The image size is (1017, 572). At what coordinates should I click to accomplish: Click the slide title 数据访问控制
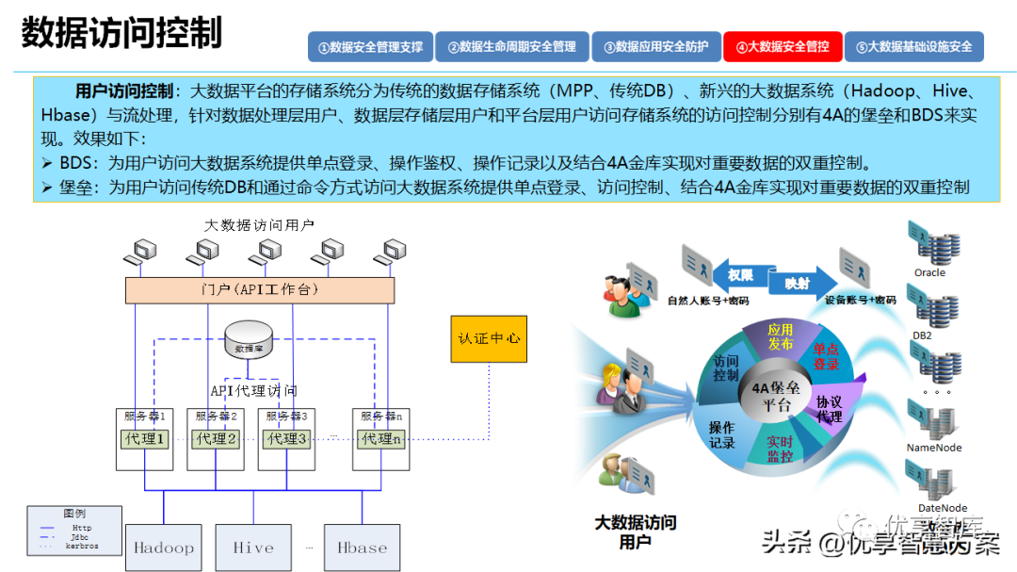(121, 32)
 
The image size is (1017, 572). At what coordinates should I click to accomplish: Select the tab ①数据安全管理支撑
(370, 46)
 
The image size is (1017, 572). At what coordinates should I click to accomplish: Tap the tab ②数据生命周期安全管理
(511, 46)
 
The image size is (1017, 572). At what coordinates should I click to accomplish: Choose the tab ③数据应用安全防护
(655, 46)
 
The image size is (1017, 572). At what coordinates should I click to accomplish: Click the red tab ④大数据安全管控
(783, 46)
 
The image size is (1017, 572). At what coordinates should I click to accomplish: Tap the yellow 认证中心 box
(489, 338)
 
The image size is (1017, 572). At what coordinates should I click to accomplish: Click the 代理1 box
(145, 439)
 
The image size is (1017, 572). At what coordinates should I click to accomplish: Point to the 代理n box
(382, 439)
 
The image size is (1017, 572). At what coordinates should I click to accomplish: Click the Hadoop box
(163, 547)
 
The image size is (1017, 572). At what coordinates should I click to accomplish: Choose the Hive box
(253, 547)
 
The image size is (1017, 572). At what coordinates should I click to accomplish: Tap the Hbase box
(362, 547)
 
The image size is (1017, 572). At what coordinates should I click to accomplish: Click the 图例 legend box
(73, 530)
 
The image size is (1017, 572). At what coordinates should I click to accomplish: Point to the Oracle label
(929, 273)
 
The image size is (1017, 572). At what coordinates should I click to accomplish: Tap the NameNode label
(934, 448)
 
